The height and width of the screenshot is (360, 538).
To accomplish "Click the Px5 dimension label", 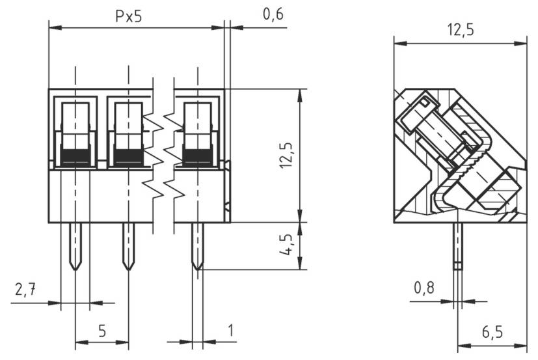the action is [129, 16].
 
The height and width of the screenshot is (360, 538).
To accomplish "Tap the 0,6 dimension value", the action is [273, 14].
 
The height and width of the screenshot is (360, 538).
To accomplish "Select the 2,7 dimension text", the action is [25, 290].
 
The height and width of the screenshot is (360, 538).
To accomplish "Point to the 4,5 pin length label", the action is [286, 245].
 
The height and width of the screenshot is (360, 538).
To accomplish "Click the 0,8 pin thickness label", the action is [424, 288].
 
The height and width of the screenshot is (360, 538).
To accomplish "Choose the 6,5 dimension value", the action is [492, 332].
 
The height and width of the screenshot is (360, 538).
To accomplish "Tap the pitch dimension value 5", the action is [102, 331].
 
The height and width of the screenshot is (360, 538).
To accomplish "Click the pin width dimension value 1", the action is [231, 331].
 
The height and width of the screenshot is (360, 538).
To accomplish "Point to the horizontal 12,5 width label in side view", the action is [461, 30].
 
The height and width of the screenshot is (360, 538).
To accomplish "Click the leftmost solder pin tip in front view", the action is [75, 270].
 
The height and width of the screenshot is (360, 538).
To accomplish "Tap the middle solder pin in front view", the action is [129, 246].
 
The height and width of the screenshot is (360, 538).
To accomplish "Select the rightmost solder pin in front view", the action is [198, 246].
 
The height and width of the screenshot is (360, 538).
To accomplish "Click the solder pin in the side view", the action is [458, 246].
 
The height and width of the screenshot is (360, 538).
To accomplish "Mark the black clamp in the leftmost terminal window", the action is [75, 157].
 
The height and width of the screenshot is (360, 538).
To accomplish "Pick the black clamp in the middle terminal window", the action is [128, 157].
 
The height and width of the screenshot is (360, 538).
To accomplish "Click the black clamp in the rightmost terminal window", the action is [198, 157].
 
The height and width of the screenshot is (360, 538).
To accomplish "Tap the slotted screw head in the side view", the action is [417, 112].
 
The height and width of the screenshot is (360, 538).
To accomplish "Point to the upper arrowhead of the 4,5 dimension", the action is [300, 228].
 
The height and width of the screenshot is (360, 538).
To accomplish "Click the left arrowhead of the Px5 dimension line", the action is [55, 27].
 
